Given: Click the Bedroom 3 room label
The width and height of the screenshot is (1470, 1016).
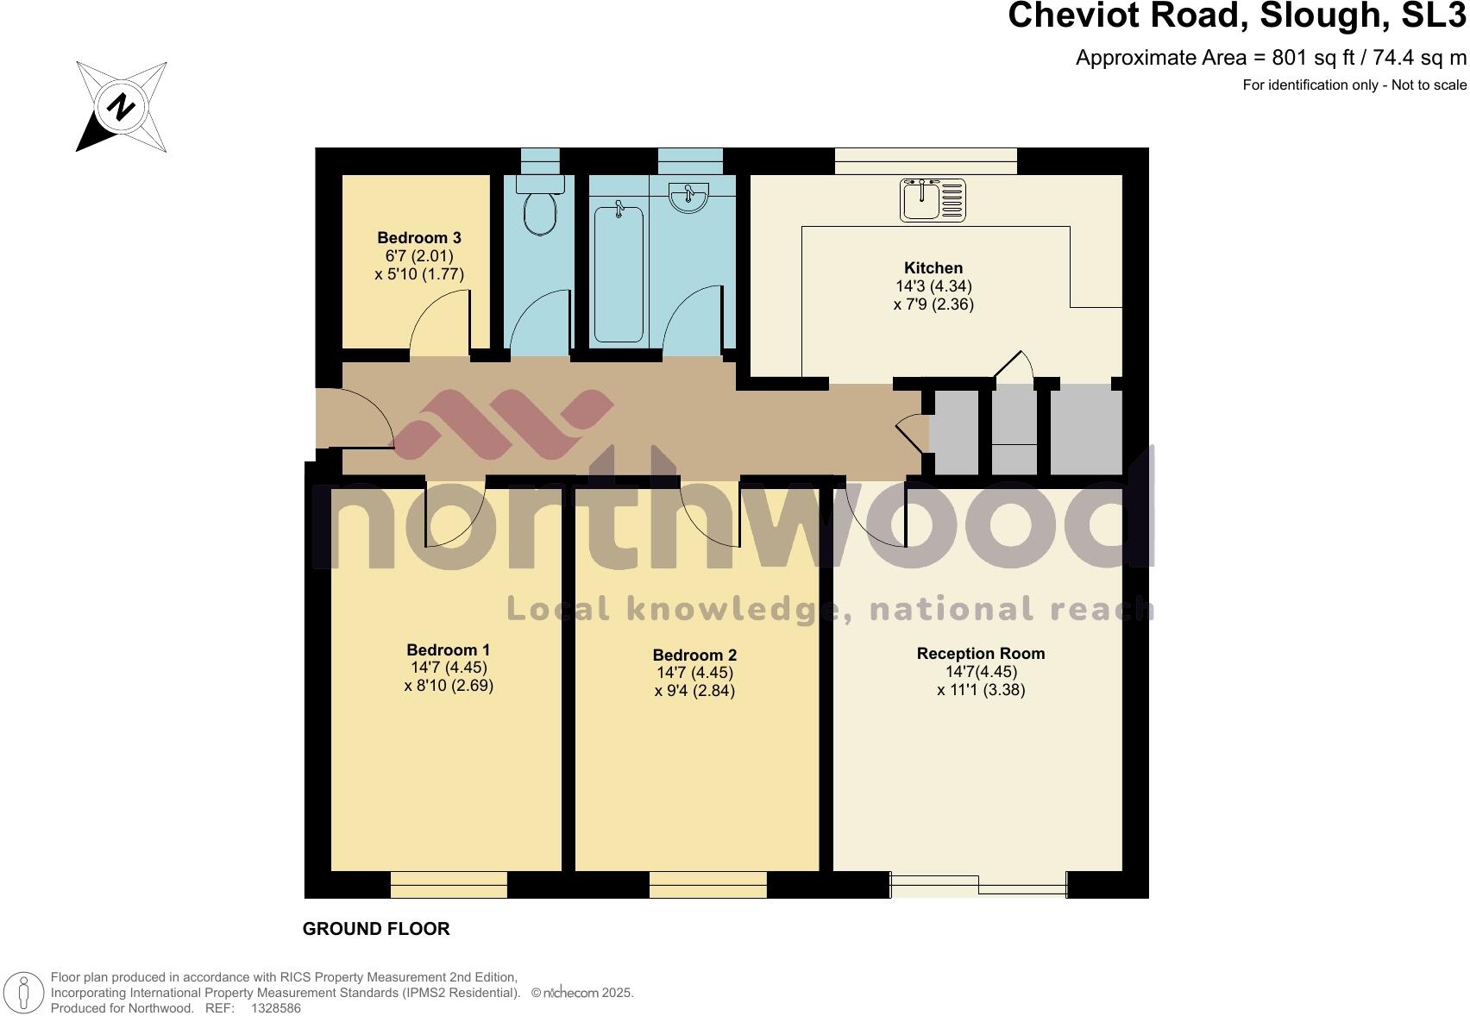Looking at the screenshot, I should point(419,238).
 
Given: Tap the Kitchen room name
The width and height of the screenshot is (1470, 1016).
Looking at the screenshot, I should point(933,268).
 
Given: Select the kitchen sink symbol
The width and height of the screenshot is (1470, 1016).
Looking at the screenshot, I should point(933,200).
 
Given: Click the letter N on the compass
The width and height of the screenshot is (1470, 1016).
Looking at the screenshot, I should point(122,107).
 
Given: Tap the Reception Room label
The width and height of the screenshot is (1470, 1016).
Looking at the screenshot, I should point(981,654).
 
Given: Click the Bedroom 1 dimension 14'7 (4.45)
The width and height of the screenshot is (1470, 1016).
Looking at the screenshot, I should point(449,668).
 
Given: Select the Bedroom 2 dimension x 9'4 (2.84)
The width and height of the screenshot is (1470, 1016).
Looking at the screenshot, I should point(694,691).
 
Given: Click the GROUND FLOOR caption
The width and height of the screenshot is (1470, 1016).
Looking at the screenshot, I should point(376,929).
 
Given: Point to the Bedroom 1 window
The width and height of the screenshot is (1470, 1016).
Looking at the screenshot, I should point(449,885).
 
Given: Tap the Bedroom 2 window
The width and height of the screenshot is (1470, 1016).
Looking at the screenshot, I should point(708,885).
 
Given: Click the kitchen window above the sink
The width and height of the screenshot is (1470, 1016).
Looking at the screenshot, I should point(926,161).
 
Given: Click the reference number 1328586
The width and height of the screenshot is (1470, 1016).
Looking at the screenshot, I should point(275,1007).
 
